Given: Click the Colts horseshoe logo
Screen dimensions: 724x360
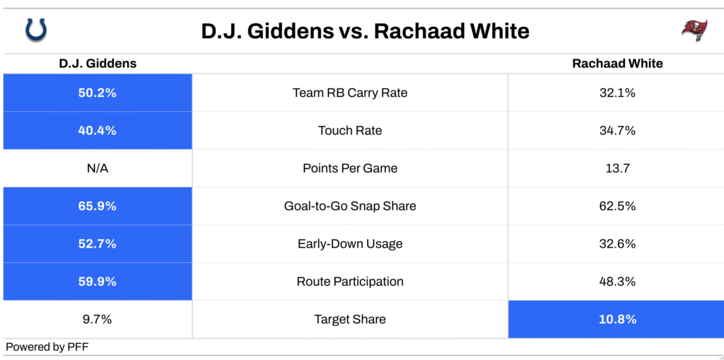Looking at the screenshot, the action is pos(36,30).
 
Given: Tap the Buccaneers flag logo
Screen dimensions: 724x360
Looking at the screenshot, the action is pos(694,30).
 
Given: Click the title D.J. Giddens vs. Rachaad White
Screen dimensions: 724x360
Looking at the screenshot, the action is pos(365,31).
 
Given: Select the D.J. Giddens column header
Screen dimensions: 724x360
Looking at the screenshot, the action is pos(98,64).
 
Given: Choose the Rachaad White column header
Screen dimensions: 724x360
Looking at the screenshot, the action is pos(617,64).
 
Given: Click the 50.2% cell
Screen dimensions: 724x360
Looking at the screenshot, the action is pos(98,93).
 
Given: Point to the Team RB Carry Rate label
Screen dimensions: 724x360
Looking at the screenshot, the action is pos(350,93).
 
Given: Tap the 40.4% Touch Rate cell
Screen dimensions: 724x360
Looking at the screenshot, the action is pos(98,130).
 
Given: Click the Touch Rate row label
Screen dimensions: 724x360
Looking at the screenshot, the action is pos(350,131).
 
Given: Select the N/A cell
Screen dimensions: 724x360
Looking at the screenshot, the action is pos(98,168).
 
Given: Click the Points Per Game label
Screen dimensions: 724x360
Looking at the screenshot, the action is pos(350,168).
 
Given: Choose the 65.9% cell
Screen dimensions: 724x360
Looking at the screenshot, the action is pos(98,206).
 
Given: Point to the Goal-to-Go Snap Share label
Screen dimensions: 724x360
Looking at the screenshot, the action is pos(350,206).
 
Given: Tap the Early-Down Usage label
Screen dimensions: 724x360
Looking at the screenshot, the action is pos(350,243).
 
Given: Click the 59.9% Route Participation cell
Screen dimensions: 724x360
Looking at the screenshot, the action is pos(98,281).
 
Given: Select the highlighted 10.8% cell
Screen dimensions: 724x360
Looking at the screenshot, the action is pos(616,320).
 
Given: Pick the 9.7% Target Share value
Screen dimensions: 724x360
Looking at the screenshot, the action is pos(98,320).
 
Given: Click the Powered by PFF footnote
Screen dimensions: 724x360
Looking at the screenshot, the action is pos(47,347).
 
